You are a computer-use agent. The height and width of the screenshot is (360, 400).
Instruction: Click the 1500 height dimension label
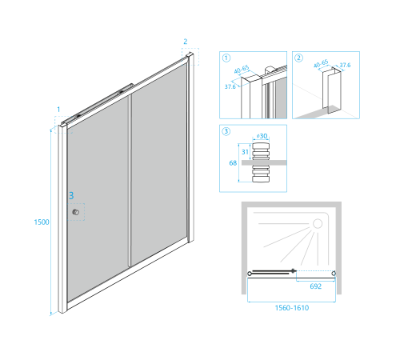(42, 222)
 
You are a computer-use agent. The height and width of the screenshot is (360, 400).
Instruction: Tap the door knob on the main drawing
(76, 212)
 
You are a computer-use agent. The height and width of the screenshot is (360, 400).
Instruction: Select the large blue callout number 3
(71, 196)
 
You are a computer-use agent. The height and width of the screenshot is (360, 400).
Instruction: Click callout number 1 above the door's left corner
(58, 110)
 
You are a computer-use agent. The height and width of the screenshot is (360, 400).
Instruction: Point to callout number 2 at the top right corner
(186, 42)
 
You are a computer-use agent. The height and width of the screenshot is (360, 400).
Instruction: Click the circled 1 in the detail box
(226, 58)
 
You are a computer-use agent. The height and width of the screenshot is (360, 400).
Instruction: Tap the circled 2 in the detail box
(298, 58)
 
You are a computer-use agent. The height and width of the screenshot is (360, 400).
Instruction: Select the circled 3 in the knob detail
(226, 131)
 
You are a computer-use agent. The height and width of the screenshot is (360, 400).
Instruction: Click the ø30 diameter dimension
(262, 136)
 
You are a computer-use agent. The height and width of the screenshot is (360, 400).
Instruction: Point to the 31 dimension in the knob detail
(245, 152)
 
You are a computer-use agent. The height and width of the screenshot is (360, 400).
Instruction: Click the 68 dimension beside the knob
(233, 163)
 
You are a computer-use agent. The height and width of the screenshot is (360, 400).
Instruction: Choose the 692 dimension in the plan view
(316, 286)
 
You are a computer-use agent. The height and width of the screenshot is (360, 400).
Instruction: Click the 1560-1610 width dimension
(292, 308)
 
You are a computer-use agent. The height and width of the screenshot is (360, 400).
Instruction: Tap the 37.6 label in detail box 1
(230, 86)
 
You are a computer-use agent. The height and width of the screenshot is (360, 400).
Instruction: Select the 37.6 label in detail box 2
(345, 65)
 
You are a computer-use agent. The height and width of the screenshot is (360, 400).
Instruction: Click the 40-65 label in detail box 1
(242, 69)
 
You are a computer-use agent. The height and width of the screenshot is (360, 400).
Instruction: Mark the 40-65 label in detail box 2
(321, 63)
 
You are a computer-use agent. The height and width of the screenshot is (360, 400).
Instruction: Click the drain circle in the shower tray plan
(318, 224)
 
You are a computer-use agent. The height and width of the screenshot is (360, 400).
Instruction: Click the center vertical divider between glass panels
(130, 181)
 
